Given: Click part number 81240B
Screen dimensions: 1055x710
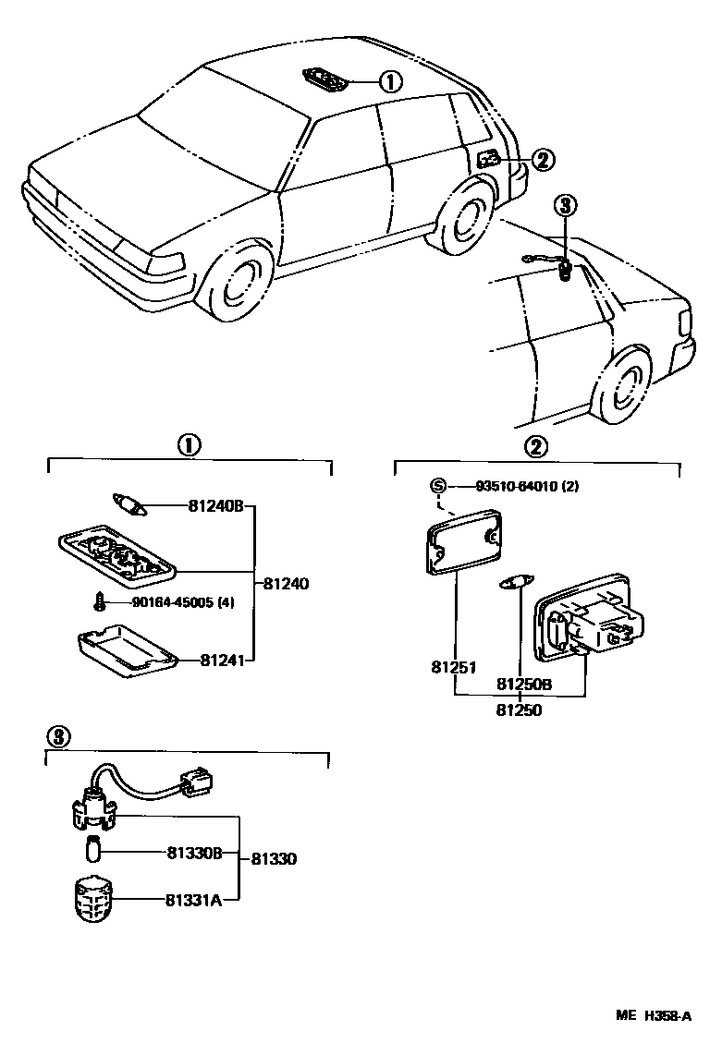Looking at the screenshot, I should pos(214,506).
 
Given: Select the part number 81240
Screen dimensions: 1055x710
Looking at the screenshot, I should pos(286,584).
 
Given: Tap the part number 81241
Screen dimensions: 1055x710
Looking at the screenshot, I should pos(220,661).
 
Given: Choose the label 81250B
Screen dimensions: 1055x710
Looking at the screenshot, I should pos(524,685).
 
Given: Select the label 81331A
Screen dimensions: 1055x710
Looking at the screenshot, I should pos(194,900).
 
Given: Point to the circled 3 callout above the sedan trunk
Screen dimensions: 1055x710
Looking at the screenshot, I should pos(566,204).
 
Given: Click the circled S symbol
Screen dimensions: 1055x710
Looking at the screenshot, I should pos(439,487).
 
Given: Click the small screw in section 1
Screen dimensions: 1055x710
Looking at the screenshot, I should pos(97,603).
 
